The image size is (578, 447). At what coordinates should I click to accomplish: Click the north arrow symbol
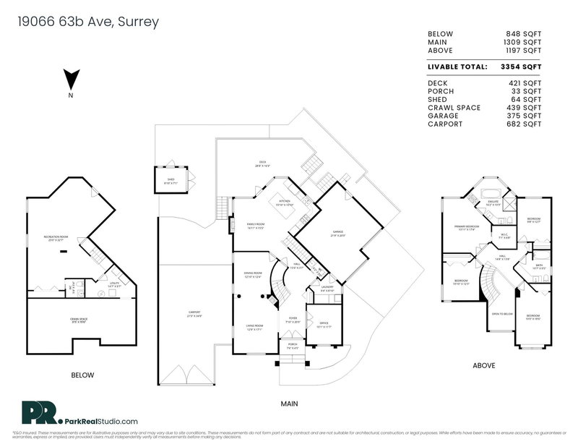[71, 78]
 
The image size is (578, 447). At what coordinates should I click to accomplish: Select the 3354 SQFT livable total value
[522, 66]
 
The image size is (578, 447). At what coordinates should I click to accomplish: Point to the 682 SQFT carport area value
[525, 124]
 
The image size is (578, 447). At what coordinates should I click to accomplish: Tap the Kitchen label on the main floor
[284, 203]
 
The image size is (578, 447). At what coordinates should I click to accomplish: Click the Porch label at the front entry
[293, 345]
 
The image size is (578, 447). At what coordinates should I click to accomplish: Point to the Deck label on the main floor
[263, 163]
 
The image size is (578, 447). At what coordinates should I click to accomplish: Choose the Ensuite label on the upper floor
[494, 203]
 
